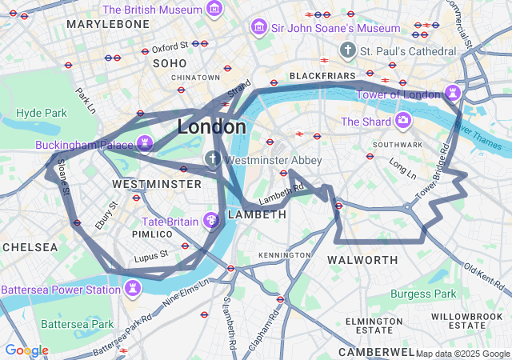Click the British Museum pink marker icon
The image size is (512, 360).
point(214,10)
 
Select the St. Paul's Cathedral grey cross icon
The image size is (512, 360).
point(347,50)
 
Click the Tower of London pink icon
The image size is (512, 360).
point(454,93)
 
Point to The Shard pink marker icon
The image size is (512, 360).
point(402,121)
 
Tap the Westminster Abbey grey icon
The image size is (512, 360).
point(213,159)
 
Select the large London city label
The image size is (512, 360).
point(211,127)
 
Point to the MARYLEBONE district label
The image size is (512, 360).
point(108,25)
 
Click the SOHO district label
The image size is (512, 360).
point(170,62)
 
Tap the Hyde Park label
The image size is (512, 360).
point(42,113)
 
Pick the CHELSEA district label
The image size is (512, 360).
point(30,247)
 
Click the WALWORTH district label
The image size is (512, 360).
point(362,260)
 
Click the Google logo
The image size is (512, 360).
point(26,350)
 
